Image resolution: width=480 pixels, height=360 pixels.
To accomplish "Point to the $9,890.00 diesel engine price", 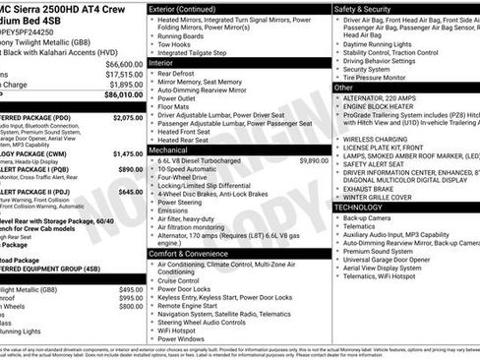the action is coord(309,159).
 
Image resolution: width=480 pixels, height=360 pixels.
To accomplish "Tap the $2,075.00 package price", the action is coord(125,117).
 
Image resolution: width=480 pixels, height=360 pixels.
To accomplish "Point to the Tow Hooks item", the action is coord(176,44).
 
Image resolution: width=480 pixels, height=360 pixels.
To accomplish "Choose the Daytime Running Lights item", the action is coord(384,44).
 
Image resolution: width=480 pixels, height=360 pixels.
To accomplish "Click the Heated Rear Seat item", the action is coord(184,140).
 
